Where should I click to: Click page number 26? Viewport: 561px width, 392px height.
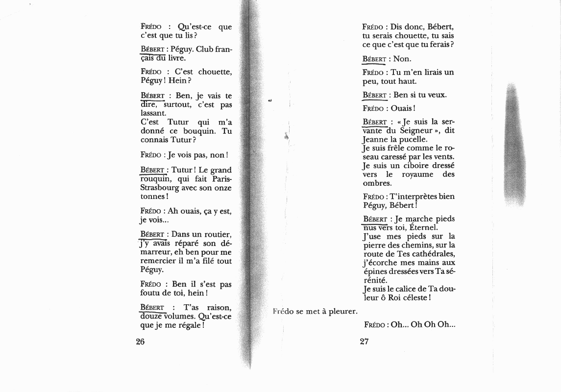[140, 342]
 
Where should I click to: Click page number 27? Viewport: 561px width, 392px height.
[364, 342]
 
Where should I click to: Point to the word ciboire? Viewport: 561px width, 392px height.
[415, 166]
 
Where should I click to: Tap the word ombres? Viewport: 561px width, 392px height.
[377, 183]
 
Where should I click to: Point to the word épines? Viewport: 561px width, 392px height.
[375, 271]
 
